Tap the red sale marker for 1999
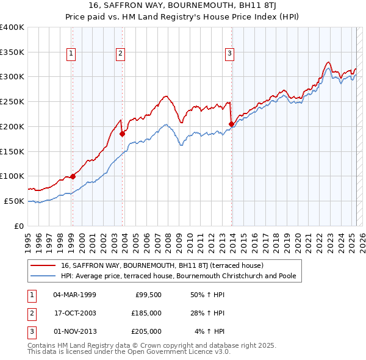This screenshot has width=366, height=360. (x=73, y=176)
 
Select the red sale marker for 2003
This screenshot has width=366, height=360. (x=122, y=134)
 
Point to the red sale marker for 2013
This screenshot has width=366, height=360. (x=231, y=124)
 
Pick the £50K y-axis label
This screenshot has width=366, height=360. (x=15, y=201)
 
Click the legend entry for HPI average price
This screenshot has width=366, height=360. (x=178, y=276)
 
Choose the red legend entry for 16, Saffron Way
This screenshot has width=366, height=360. (x=162, y=266)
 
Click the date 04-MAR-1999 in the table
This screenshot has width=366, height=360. (x=74, y=295)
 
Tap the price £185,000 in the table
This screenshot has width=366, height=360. (x=147, y=313)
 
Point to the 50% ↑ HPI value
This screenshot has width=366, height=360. (x=208, y=295)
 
